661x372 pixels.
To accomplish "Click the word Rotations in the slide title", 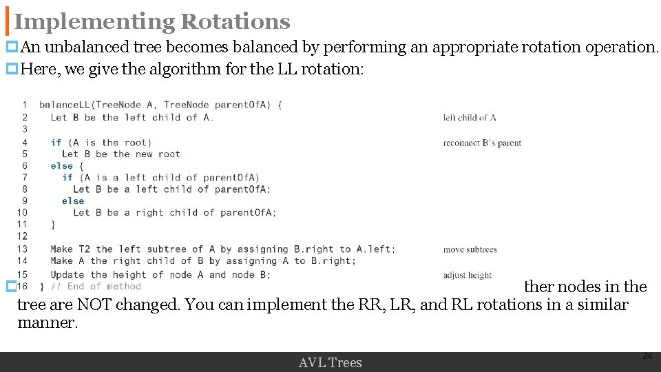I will (x=235, y=22).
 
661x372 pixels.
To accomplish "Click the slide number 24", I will (x=647, y=356).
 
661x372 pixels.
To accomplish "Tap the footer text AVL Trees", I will (x=330, y=362).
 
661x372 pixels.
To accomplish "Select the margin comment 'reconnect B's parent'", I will (x=482, y=143).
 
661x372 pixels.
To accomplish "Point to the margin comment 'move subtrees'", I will (x=470, y=249).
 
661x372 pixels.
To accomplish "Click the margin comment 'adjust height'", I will (x=468, y=276).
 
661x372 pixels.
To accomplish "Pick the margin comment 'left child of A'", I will (x=470, y=118).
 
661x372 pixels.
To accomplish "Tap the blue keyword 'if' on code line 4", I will (x=56, y=143).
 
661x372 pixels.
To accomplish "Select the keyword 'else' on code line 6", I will (x=61, y=166).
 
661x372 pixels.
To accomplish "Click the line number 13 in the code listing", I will (x=22, y=249).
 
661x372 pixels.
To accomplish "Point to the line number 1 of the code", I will (x=25, y=105).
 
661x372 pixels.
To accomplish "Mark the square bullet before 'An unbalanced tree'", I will (x=11, y=48).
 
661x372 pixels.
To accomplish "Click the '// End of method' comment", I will (x=95, y=287).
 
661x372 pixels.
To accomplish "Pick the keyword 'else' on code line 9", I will (x=73, y=201).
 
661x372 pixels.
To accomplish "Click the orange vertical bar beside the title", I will (x=8, y=22).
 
